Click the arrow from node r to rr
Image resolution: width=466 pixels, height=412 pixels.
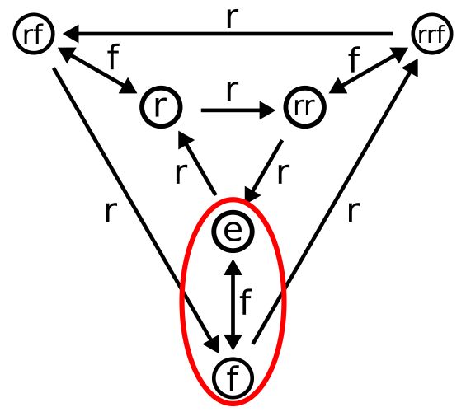pyautogui.click(x=235, y=107)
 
